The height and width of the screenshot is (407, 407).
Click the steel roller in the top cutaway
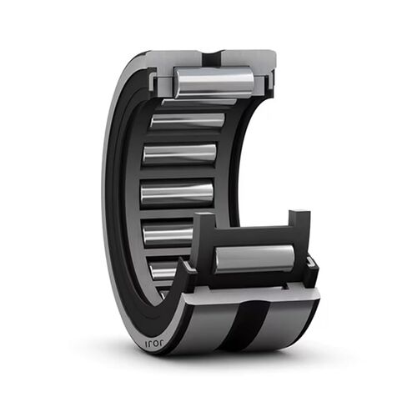point(214,82)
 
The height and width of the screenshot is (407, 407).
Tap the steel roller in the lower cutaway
point(254,259)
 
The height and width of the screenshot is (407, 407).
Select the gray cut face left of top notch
point(179,58)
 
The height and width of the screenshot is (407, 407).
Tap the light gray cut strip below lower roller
point(250,288)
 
